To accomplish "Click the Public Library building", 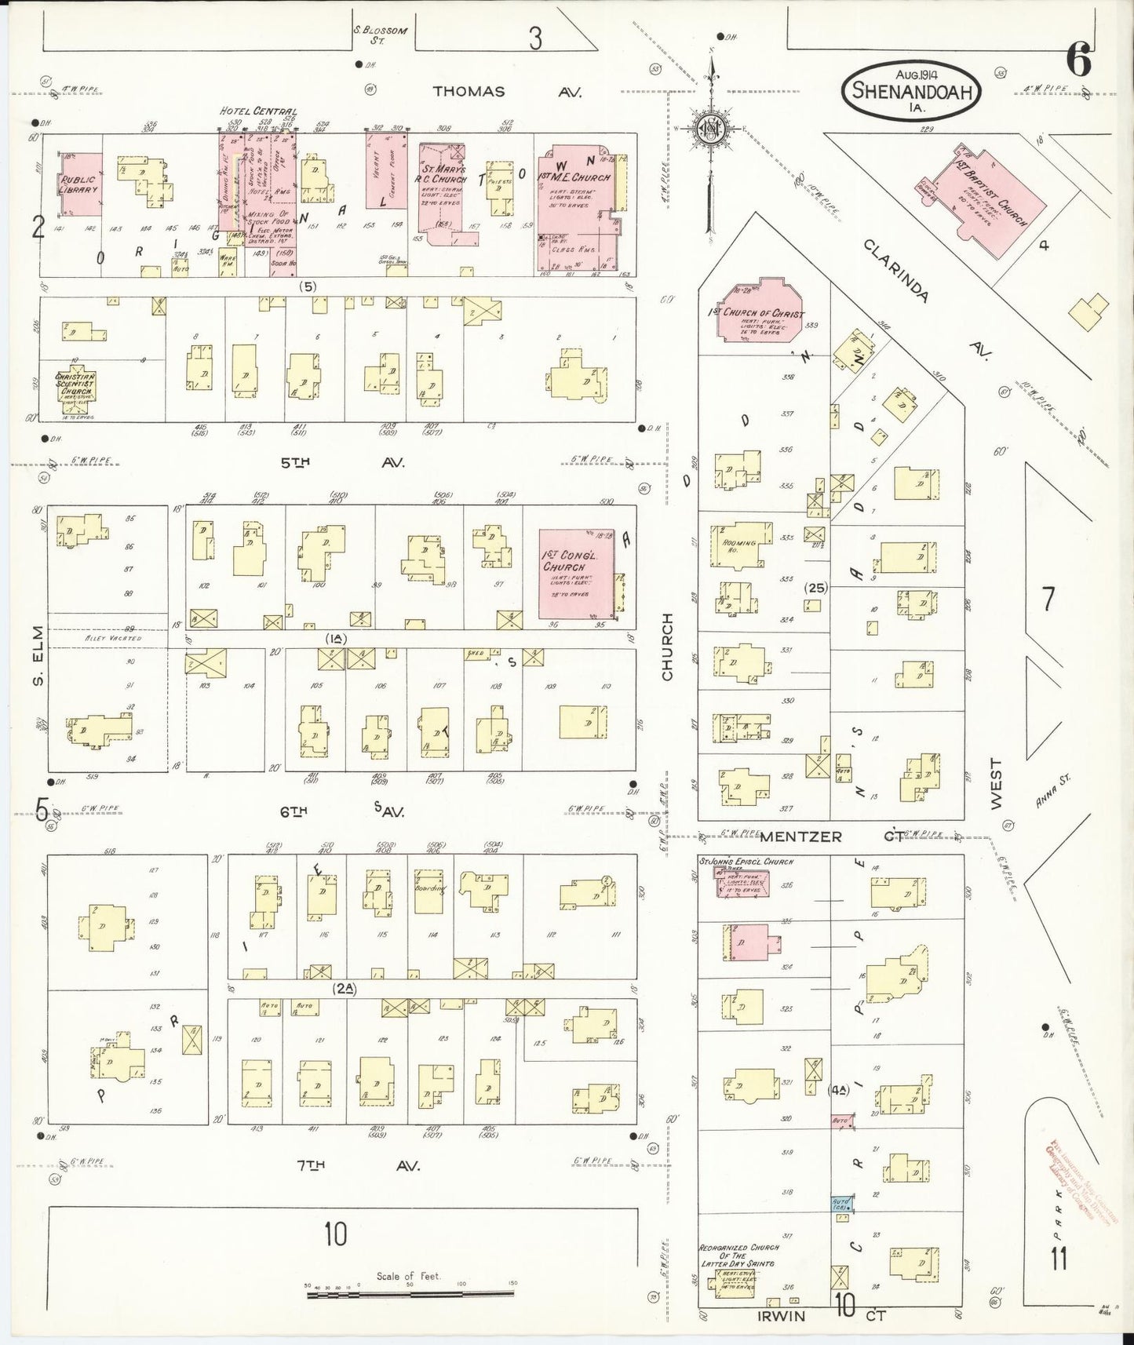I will [80, 184].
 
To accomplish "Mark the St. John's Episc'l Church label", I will [746, 862].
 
